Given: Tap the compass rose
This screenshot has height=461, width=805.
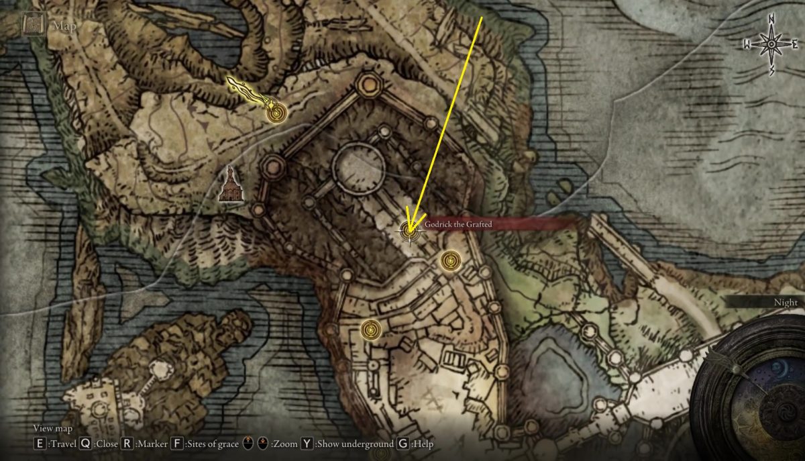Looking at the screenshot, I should [x=771, y=45].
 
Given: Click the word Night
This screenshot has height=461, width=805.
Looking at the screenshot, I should [x=786, y=303].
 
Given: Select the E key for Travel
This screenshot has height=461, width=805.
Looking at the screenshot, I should [x=40, y=444].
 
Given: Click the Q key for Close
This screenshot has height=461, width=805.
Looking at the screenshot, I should [x=85, y=444].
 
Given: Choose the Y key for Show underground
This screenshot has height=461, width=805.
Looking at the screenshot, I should [x=307, y=444].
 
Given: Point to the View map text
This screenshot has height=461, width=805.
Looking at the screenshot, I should [x=53, y=429].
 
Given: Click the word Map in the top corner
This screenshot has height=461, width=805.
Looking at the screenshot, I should [x=64, y=26].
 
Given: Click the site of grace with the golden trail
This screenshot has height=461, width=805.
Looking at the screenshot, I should [x=274, y=113].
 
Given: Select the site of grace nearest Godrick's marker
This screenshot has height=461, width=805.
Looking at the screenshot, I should [x=450, y=260].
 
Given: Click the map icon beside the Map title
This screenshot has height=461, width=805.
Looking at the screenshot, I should [x=32, y=25].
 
